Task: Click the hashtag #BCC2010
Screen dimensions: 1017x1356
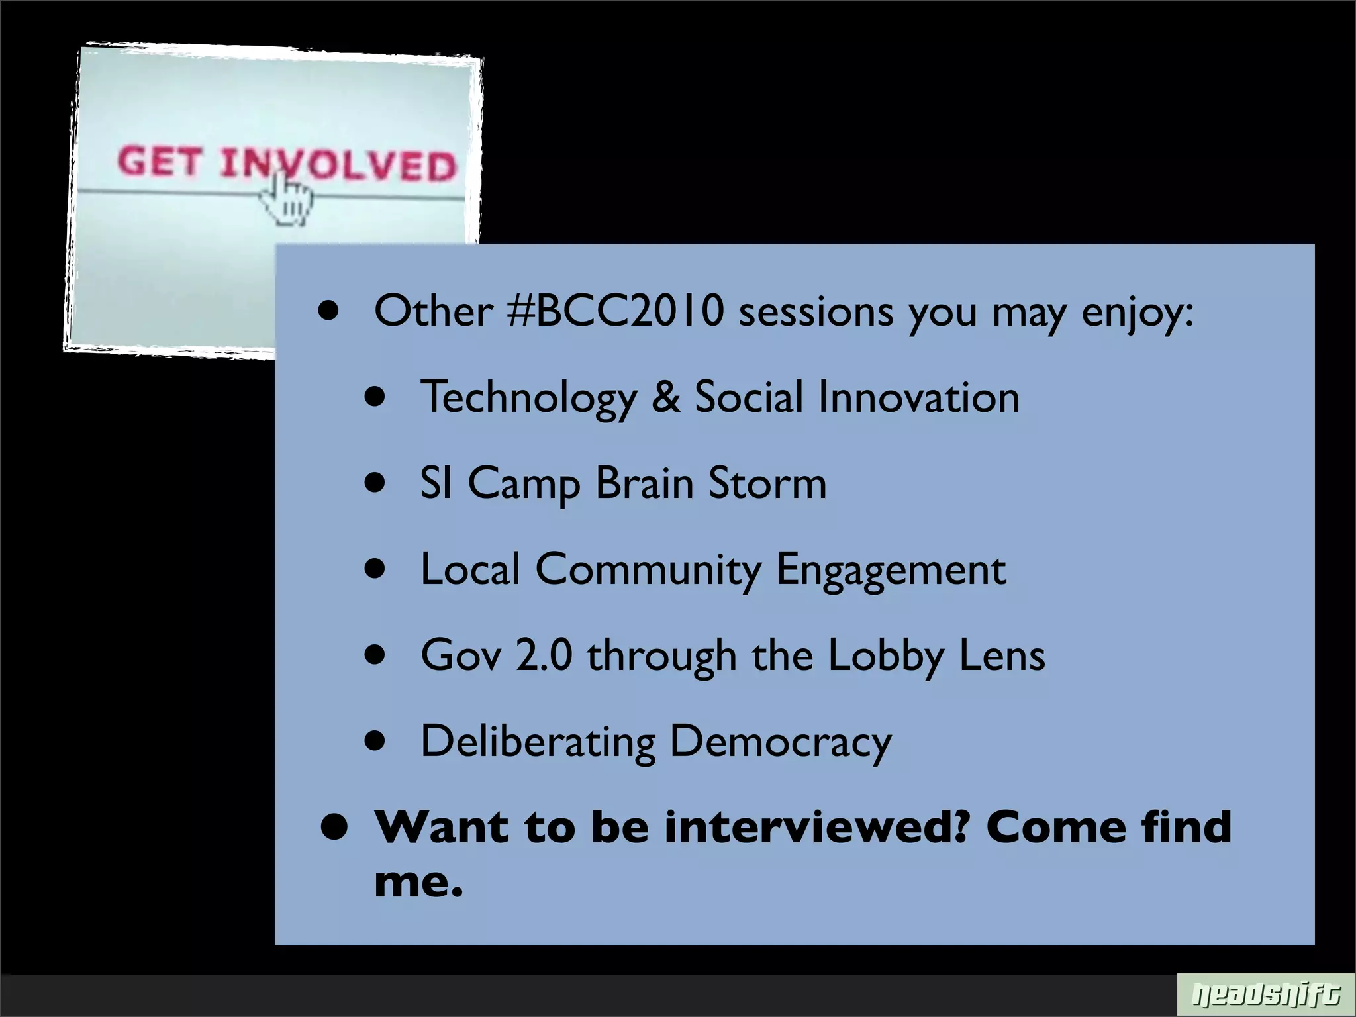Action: [616, 311]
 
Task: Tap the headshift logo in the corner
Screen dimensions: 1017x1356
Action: [1265, 995]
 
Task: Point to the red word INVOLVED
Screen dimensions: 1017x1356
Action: [338, 165]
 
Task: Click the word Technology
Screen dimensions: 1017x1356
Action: [528, 398]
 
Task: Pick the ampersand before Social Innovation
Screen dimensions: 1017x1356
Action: [665, 397]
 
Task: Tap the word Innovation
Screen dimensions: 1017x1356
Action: [918, 397]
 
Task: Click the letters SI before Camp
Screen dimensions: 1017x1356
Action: [436, 483]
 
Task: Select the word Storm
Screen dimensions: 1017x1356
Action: [767, 483]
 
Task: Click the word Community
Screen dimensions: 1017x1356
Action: [648, 569]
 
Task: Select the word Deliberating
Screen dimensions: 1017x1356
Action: [538, 742]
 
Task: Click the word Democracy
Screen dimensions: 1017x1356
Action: [781, 742]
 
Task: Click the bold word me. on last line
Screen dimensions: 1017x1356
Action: [418, 881]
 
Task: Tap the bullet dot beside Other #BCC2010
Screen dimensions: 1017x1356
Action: [328, 311]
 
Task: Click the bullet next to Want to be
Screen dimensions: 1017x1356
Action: [334, 828]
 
